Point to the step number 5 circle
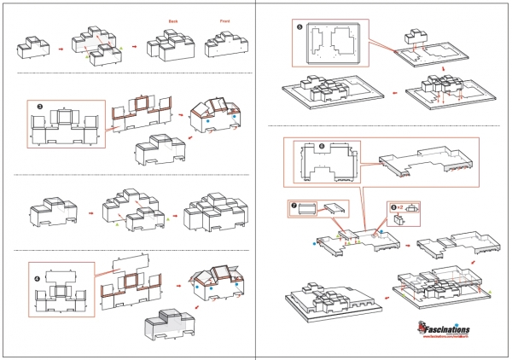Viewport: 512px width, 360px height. [x=300, y=27]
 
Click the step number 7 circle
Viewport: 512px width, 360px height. [x=292, y=205]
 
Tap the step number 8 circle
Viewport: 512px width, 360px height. [x=393, y=206]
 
